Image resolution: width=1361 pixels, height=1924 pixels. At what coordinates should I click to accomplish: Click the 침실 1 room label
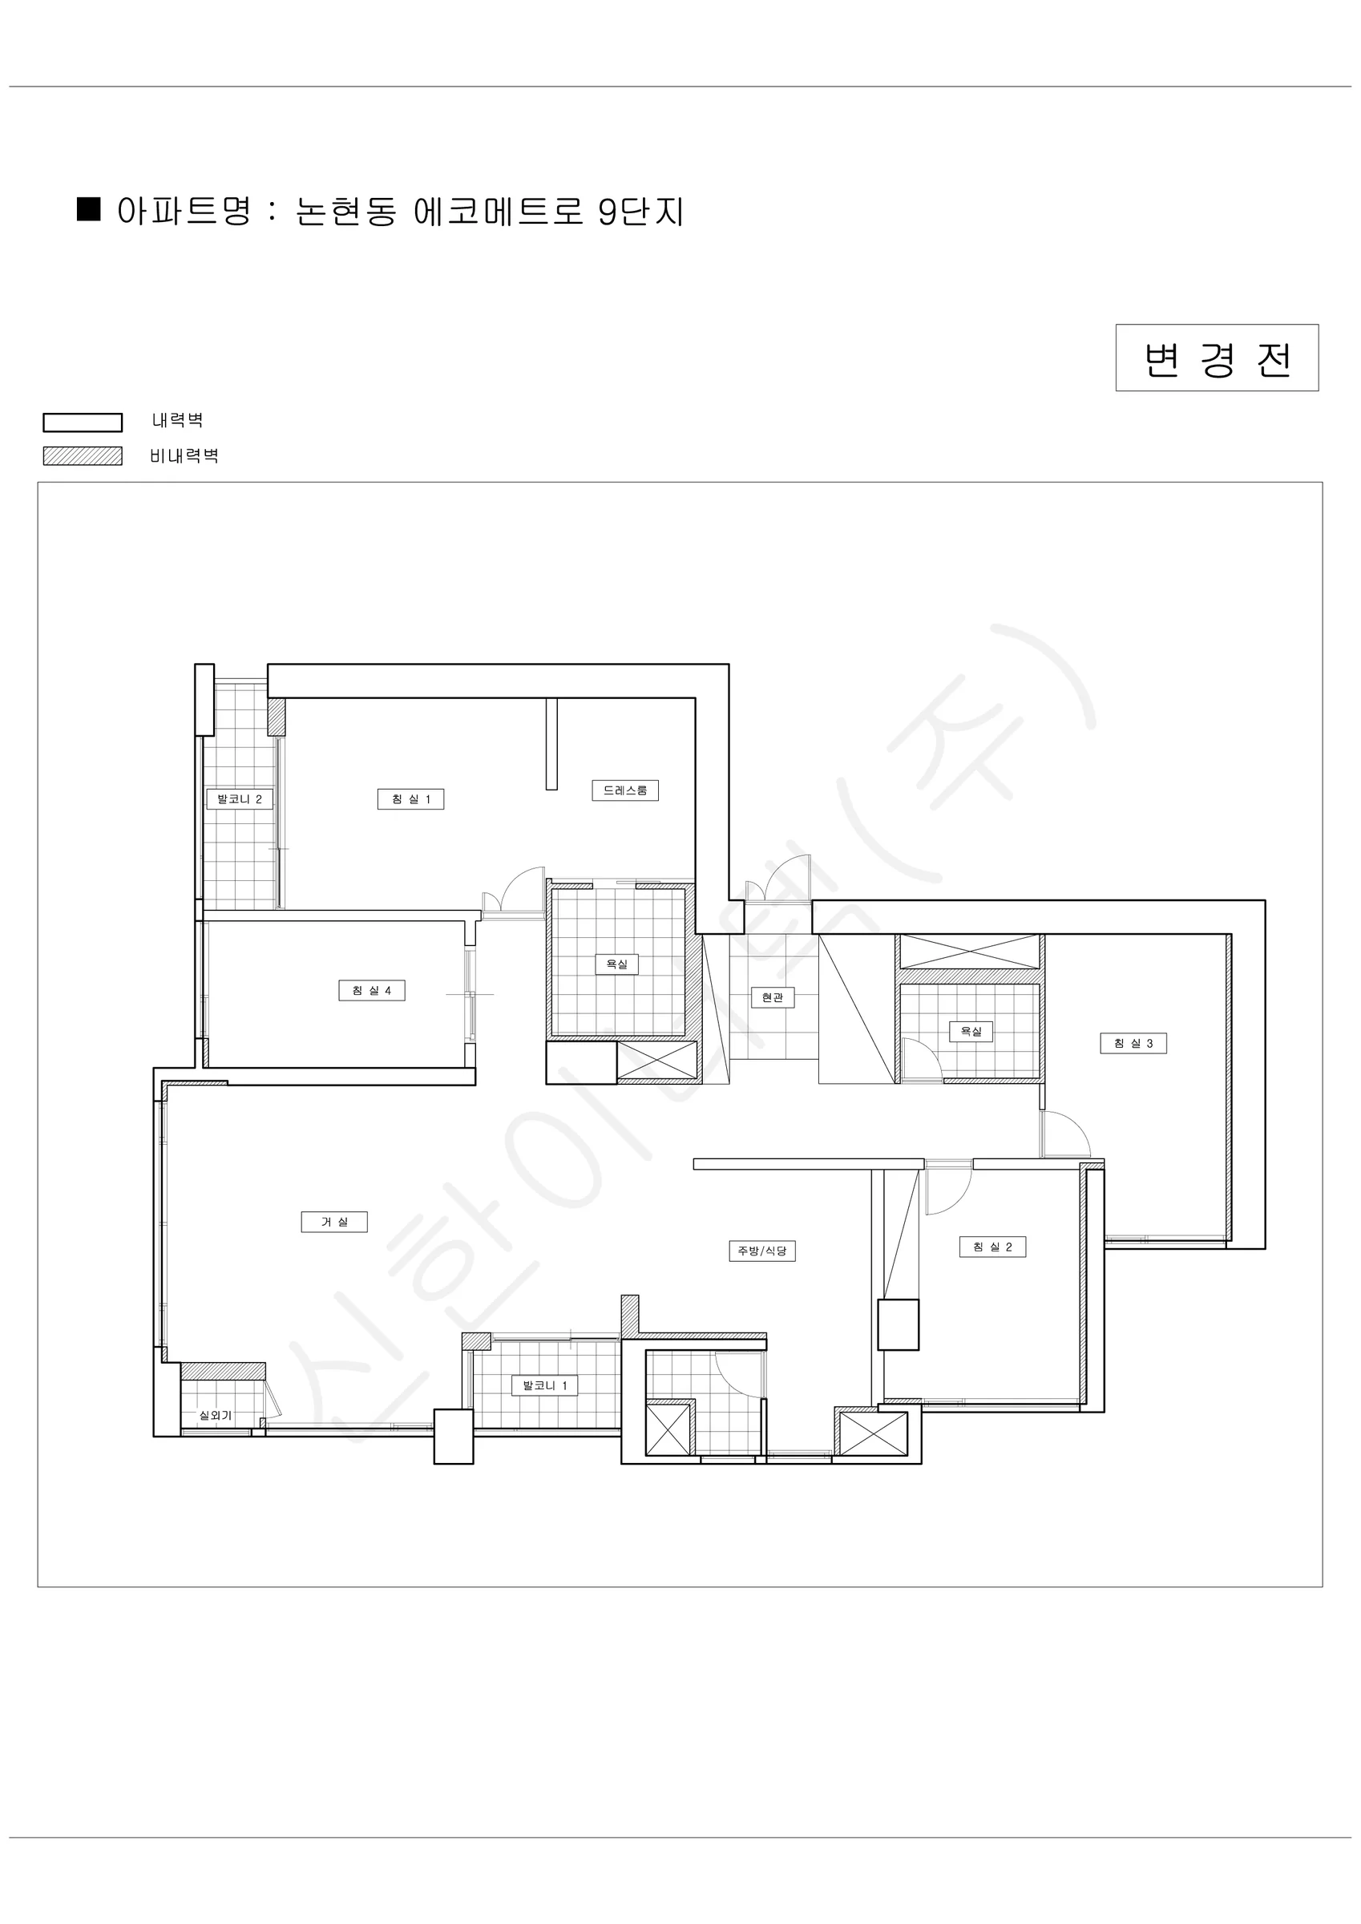(410, 799)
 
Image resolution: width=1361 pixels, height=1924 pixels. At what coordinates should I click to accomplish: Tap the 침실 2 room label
(992, 1247)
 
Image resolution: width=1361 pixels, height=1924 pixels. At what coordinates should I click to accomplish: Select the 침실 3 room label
(1133, 1043)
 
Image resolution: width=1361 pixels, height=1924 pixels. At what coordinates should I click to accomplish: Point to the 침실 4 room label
(371, 991)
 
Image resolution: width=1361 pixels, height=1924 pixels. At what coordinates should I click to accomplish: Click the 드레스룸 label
(625, 790)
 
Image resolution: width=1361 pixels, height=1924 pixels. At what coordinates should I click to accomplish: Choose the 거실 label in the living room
(334, 1223)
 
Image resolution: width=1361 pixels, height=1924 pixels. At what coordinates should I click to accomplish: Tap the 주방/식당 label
(761, 1251)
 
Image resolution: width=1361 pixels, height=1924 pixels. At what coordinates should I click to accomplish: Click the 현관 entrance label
(772, 998)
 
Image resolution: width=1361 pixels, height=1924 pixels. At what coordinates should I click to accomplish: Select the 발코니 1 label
(545, 1386)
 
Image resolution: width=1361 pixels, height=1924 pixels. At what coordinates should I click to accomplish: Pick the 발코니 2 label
(240, 799)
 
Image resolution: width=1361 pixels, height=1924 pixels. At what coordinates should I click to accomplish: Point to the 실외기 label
(216, 1416)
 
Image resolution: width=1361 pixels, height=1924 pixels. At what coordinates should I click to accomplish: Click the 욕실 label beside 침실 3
(971, 1032)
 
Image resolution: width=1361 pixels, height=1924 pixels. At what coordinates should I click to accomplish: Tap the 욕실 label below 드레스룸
(617, 964)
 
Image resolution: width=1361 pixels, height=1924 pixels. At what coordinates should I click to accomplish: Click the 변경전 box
(1217, 358)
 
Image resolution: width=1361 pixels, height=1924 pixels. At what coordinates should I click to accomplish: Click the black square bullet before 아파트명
(89, 208)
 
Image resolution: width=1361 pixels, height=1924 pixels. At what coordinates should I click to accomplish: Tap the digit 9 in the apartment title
(608, 212)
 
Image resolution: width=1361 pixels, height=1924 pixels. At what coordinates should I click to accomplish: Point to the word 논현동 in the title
(346, 211)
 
